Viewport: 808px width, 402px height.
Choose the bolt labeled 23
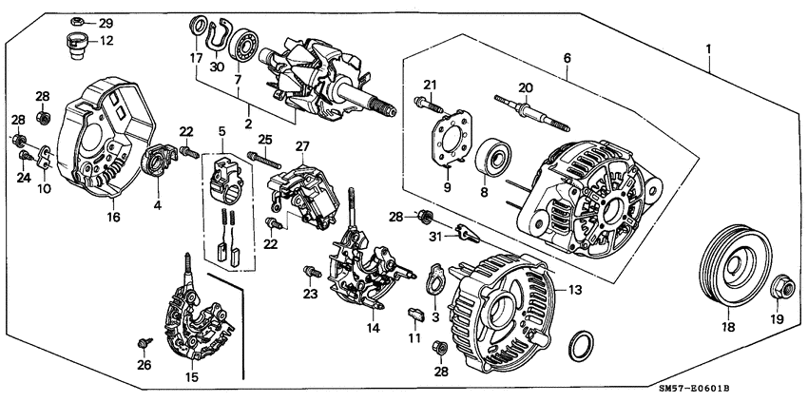click(310, 275)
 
